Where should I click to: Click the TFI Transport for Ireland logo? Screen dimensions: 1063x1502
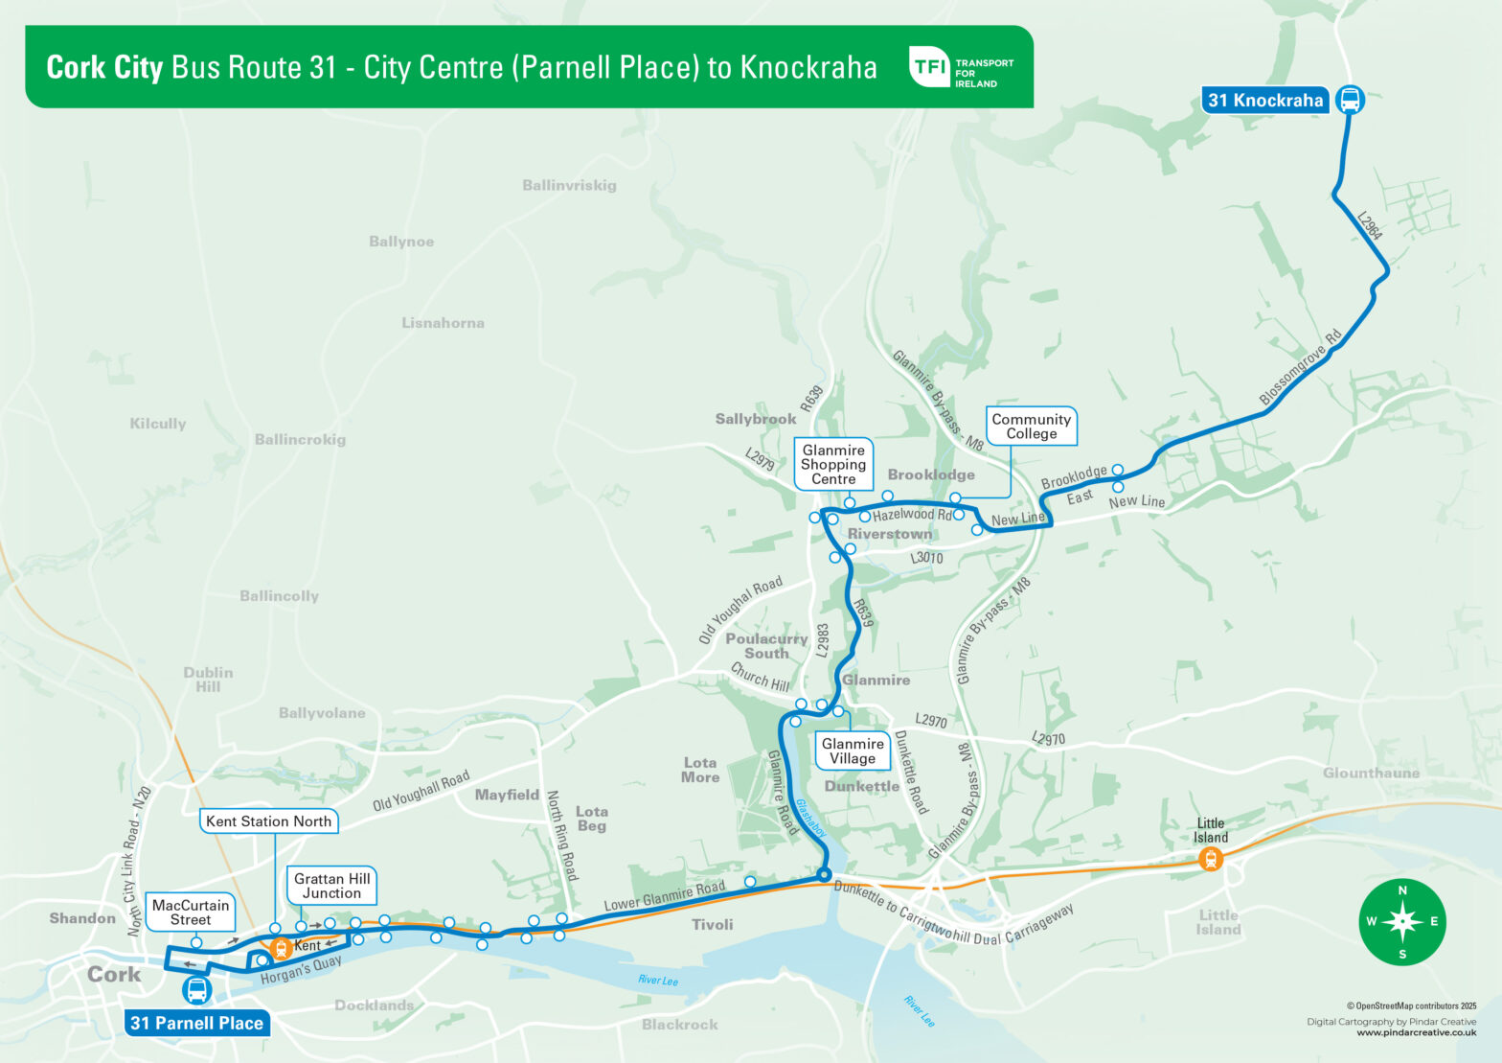tap(960, 67)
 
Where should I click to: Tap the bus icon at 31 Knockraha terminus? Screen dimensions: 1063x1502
tap(1350, 99)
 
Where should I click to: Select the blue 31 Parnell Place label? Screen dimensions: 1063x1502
tap(196, 1023)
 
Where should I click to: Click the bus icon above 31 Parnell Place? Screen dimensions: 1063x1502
tap(197, 990)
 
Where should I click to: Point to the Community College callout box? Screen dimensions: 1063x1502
tap(1031, 427)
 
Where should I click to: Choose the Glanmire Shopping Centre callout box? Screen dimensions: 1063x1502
tap(833, 465)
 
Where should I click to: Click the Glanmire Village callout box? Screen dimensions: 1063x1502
tap(852, 751)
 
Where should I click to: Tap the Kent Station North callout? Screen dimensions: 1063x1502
tap(268, 821)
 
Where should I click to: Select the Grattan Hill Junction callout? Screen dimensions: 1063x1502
tap(331, 886)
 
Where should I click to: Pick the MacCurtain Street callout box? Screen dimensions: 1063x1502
tap(191, 913)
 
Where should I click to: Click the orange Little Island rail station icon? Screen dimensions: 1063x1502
tap(1211, 860)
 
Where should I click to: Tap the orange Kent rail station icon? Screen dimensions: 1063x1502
tap(282, 949)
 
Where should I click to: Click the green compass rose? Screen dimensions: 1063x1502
tap(1402, 922)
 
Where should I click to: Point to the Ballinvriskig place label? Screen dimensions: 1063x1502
tap(569, 185)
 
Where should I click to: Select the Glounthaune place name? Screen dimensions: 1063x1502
tap(1371, 773)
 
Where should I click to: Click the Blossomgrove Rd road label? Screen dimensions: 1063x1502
tap(1300, 368)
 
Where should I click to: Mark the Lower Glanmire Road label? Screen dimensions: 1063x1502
tap(664, 896)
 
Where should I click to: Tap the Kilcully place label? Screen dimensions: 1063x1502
tap(158, 424)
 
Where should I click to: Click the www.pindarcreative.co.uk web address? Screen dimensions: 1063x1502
tap(1416, 1033)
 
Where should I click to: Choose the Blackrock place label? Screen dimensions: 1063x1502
tap(679, 1025)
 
